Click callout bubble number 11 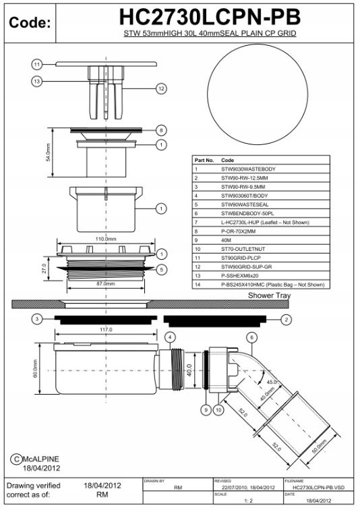coord(37,64)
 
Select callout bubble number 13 coord(37,82)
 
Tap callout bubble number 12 coord(161,88)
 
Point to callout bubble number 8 coord(161,130)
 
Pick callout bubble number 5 coord(161,270)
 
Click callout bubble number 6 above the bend coord(251,337)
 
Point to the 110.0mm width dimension coord(104,239)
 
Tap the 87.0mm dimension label coord(104,284)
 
